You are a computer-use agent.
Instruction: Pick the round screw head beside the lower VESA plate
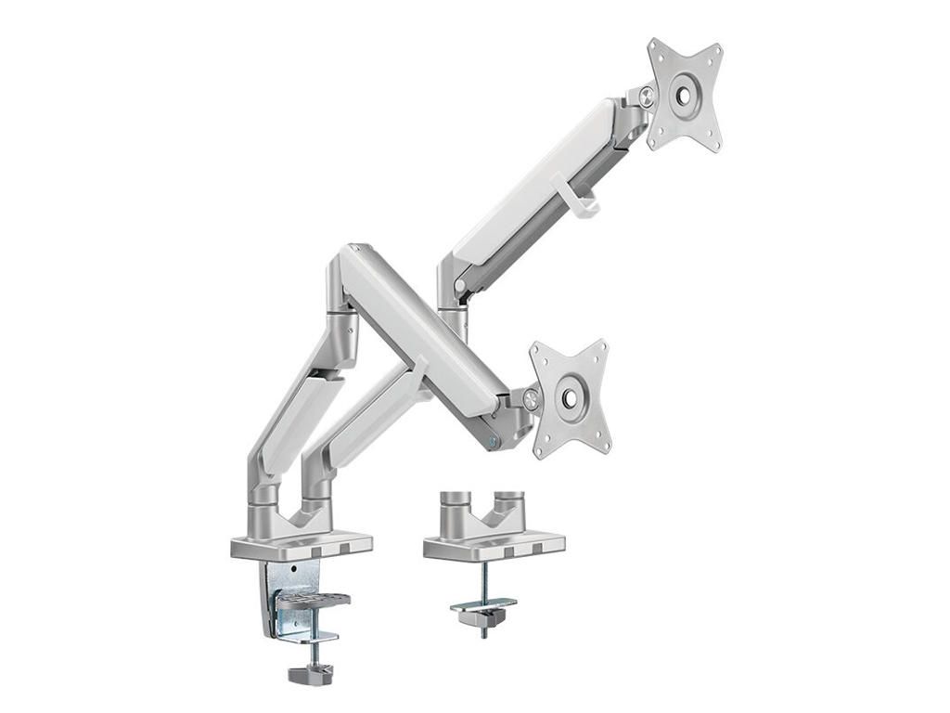(531, 400)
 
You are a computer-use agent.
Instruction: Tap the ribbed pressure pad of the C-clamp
(315, 601)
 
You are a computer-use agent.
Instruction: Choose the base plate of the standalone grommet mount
(494, 547)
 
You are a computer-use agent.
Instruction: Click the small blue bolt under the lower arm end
(494, 441)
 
